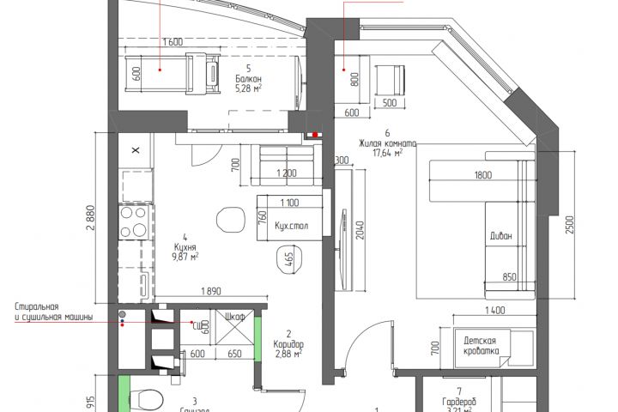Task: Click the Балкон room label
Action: pyautogui.click(x=248, y=78)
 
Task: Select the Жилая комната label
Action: pyautogui.click(x=389, y=144)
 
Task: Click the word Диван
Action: pyautogui.click(x=502, y=236)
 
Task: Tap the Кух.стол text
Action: pyautogui.click(x=292, y=226)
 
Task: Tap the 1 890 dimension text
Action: pyautogui.click(x=211, y=291)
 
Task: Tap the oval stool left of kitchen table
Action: pyautogui.click(x=229, y=218)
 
